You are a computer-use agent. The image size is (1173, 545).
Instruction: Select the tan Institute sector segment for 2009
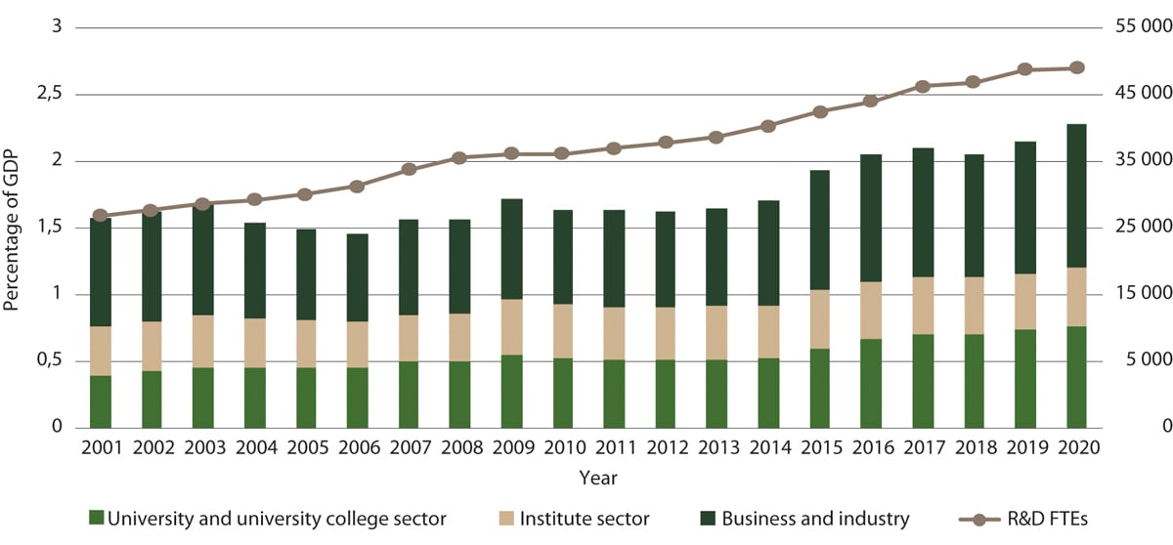(x=511, y=327)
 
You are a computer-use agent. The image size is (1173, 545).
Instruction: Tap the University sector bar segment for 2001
(x=101, y=401)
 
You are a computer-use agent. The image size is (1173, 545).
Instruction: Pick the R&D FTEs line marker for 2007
(x=410, y=169)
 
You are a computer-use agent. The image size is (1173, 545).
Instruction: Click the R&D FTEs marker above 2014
(x=767, y=126)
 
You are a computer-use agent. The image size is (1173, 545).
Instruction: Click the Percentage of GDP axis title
(x=13, y=228)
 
